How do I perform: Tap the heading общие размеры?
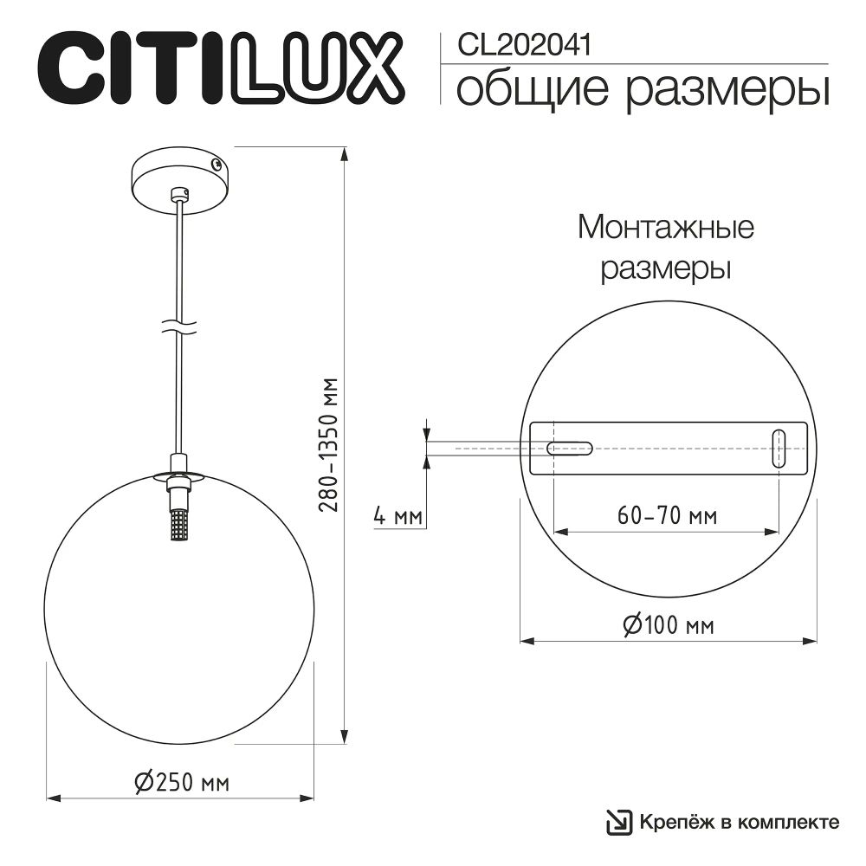pos(642,90)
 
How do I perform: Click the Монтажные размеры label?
pos(666,249)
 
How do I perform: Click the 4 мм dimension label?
pos(395,517)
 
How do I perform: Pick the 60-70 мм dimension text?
pos(667,517)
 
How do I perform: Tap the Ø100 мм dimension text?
pos(668,624)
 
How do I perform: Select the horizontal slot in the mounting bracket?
pos(569,449)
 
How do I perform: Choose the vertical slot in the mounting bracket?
pos(779,449)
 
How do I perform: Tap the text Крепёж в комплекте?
pos(740,821)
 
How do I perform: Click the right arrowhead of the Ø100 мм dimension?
pos(811,642)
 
